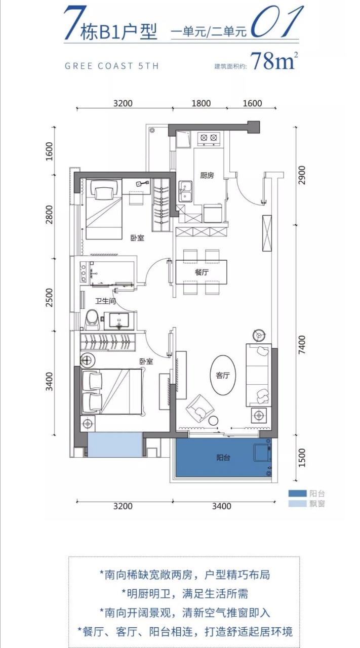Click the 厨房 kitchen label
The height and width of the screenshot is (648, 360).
[x=207, y=175]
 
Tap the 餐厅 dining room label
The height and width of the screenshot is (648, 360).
[x=202, y=272]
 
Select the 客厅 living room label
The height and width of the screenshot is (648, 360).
[x=223, y=375]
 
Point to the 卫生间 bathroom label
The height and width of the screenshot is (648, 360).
[x=106, y=301]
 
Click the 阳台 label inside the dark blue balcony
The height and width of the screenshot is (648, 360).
[x=223, y=457]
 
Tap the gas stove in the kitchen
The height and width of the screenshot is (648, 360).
[x=209, y=138]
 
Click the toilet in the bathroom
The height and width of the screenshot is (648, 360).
[x=93, y=319]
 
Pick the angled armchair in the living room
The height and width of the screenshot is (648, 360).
[x=200, y=408]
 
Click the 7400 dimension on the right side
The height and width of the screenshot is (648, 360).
[x=302, y=344]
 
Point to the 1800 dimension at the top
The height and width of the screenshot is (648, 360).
[x=201, y=103]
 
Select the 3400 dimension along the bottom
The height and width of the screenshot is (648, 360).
[x=222, y=506]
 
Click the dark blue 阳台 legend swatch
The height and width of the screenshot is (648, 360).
[x=297, y=493]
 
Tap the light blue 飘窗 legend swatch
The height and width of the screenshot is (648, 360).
[x=297, y=504]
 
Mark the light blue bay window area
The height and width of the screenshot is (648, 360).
[x=115, y=445]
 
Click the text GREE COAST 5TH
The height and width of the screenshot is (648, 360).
[x=112, y=66]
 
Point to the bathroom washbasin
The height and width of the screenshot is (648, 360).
[x=119, y=321]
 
